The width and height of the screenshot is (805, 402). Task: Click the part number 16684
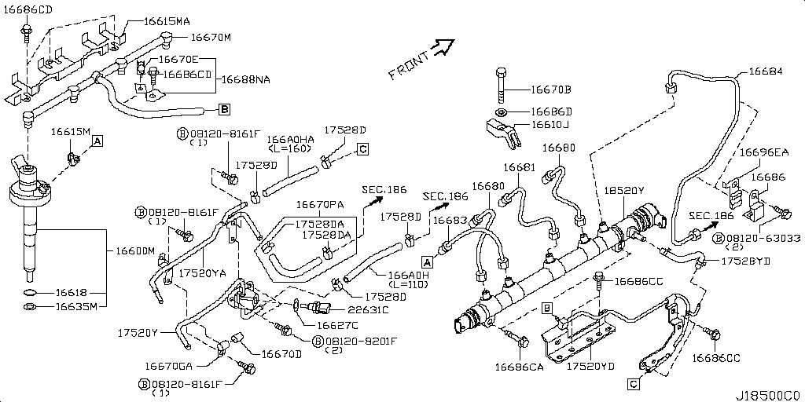[765, 71]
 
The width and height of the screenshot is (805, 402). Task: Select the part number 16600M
[135, 250]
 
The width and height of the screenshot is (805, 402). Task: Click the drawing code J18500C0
[770, 395]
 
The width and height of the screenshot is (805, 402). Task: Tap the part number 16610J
[550, 125]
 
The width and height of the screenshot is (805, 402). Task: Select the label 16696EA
[763, 152]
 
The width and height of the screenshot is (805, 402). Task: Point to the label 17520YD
[590, 366]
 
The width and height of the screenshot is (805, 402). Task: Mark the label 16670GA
[170, 365]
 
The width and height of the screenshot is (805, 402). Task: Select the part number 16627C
[337, 324]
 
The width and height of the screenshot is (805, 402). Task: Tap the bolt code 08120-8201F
[361, 341]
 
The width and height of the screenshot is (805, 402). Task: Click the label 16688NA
[247, 79]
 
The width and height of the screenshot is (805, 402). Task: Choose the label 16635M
[75, 306]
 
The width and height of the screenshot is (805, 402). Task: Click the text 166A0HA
[290, 139]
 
